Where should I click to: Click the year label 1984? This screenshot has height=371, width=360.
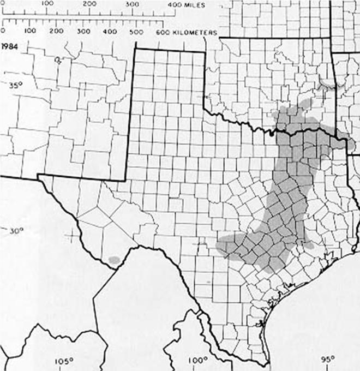pyautogui.click(x=11, y=45)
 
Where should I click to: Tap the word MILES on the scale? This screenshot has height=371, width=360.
pyautogui.click(x=195, y=4)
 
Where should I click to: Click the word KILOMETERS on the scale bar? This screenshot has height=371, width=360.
pyautogui.click(x=195, y=33)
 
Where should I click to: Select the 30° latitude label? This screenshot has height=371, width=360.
pyautogui.click(x=16, y=231)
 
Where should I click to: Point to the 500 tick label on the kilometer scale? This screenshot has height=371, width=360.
pyautogui.click(x=136, y=33)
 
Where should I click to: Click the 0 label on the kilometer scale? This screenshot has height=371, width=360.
pyautogui.click(x=4, y=33)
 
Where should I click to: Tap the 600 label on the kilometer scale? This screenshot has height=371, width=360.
pyautogui.click(x=163, y=33)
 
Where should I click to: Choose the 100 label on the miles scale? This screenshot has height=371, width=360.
pyautogui.click(x=47, y=4)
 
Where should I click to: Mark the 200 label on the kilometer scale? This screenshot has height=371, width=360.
pyautogui.click(x=57, y=33)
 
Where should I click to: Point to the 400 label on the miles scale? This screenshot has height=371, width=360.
pyautogui.click(x=175, y=4)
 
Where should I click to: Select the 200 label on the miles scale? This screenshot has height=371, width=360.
pyautogui.click(x=89, y=4)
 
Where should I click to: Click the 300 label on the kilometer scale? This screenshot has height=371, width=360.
pyautogui.click(x=83, y=33)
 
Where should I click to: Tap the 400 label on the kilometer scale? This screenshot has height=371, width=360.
pyautogui.click(x=110, y=33)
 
